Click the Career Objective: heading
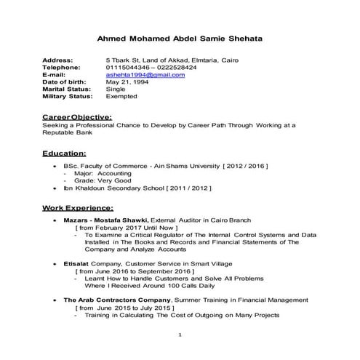[x=77, y=116]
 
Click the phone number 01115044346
[x=129, y=67]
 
